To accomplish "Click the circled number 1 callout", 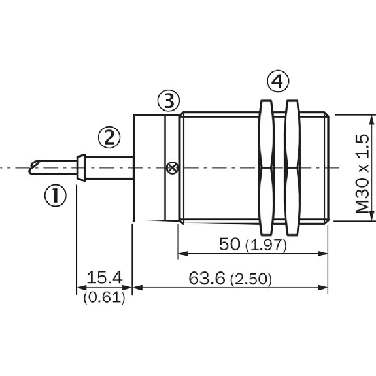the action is (56, 196).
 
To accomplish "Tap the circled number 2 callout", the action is (109, 137).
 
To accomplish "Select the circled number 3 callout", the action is (169, 101).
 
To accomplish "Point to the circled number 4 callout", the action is (278, 81).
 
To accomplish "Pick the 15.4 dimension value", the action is (105, 277).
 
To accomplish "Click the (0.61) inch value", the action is (105, 298).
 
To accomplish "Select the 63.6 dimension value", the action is (207, 279).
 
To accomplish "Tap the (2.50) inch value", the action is (251, 280).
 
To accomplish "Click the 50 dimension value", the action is (230, 244).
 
